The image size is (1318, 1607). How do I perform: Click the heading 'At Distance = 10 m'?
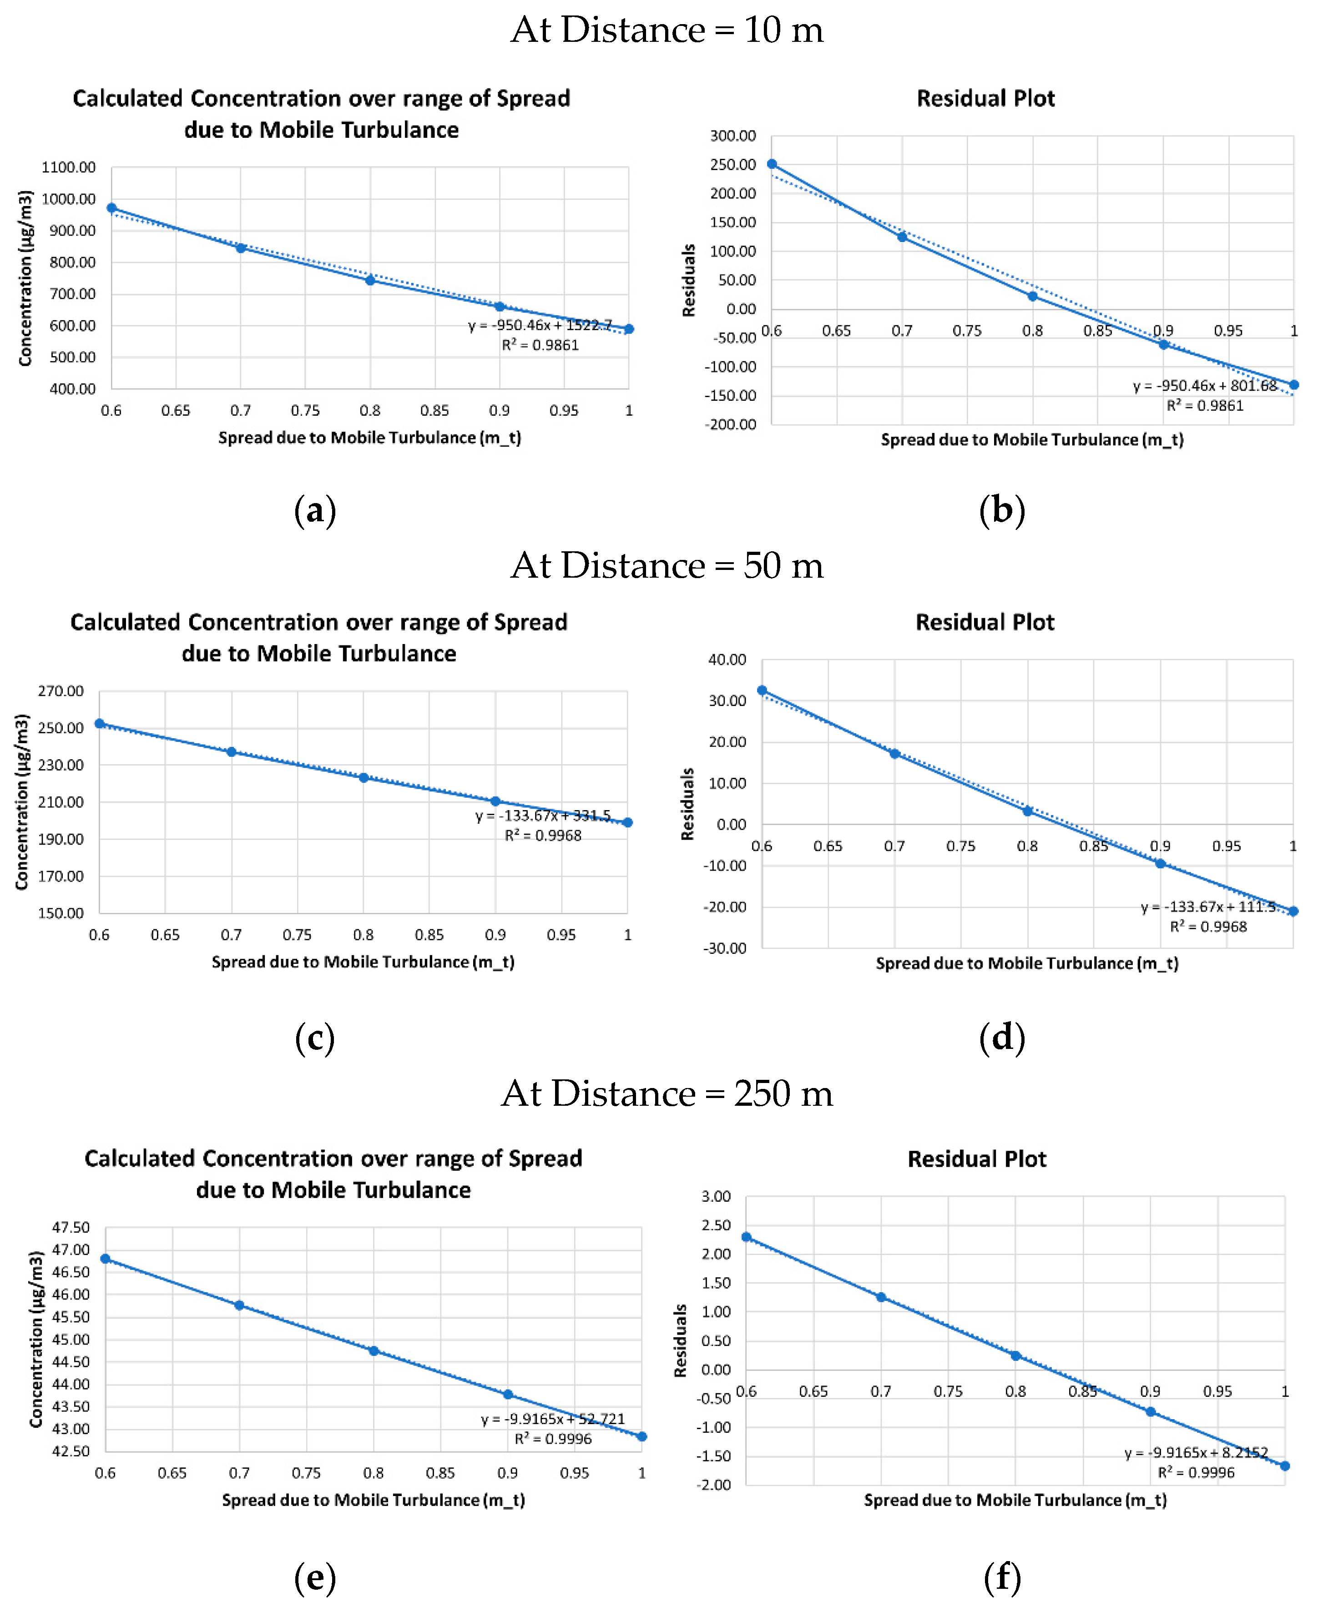pos(667,30)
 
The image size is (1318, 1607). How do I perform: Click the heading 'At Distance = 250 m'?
pos(667,1094)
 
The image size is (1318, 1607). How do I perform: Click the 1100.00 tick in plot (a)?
pos(68,167)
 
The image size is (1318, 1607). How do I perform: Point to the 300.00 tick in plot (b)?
pos(732,136)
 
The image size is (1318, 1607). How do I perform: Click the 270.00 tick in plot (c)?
pos(61,691)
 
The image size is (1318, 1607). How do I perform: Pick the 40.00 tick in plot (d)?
pos(727,660)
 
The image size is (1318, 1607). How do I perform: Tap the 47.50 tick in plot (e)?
pos(71,1228)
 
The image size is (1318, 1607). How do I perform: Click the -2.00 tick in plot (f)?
pos(714,1485)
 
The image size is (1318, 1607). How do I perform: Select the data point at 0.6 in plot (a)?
pos(111,208)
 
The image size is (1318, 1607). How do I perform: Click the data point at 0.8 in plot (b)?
pos(1033,296)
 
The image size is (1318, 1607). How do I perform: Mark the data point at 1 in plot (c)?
pos(627,822)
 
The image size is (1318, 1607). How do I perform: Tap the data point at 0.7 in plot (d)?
pos(894,754)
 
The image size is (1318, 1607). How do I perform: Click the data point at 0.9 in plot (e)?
pos(508,1395)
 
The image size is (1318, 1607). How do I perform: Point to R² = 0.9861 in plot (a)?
pos(540,345)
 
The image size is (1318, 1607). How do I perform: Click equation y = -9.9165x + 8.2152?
pos(1196,1453)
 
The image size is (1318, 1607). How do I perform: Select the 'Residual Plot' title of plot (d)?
pos(985,622)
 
